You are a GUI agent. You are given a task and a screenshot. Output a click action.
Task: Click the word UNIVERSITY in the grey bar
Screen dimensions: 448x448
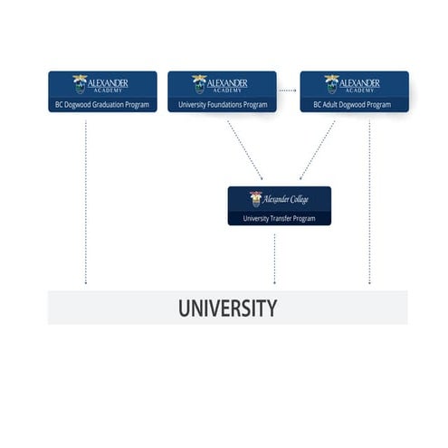pos(227,308)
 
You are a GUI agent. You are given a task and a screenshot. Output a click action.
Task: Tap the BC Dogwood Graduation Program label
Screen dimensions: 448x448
pos(101,105)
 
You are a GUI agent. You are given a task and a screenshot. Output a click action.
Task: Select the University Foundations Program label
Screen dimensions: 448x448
pos(222,105)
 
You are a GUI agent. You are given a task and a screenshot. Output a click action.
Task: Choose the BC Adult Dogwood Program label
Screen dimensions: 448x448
pos(353,105)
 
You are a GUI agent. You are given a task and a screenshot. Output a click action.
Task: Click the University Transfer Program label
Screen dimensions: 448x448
pos(279,218)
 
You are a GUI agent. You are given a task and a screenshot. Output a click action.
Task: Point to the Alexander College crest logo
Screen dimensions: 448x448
pos(256,198)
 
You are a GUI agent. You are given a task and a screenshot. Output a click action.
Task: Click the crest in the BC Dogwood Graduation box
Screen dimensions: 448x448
pos(81,84)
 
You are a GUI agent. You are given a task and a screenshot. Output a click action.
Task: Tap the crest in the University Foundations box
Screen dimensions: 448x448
pos(199,84)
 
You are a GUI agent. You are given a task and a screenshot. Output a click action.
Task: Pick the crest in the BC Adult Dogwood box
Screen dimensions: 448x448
pos(331,84)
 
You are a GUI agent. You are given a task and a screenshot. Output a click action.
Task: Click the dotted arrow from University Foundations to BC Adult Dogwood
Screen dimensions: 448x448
pos(288,91)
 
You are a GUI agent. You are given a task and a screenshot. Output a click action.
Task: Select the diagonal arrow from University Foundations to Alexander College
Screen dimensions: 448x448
pos(244,150)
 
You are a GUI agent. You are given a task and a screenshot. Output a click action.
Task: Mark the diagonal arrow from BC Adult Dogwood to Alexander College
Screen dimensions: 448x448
pos(318,150)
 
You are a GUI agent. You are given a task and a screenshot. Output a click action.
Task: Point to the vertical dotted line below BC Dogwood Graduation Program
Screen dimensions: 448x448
pos(86,199)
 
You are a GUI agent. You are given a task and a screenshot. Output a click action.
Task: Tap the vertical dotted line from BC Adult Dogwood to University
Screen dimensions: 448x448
pos(369,199)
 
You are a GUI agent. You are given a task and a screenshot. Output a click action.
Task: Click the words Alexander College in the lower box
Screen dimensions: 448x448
pos(286,199)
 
